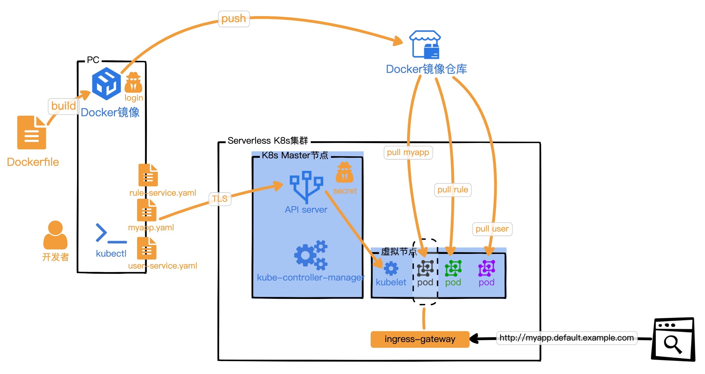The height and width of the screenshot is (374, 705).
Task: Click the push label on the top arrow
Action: pos(234,19)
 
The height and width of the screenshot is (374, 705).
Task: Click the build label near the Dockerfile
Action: pos(63,106)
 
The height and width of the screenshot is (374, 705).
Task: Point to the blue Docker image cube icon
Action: pos(106,83)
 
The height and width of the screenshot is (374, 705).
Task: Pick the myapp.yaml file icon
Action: pos(147,210)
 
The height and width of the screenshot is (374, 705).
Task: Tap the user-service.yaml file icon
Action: pos(147,248)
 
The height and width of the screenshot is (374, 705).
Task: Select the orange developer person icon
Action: pos(55,235)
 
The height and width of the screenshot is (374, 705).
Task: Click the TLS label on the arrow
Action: pos(220,199)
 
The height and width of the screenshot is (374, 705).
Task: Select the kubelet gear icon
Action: pos(391,268)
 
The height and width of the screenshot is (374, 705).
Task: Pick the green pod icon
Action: pos(453,268)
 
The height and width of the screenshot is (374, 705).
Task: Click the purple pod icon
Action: pos(487,268)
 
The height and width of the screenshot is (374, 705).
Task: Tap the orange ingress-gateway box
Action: pos(420,339)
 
